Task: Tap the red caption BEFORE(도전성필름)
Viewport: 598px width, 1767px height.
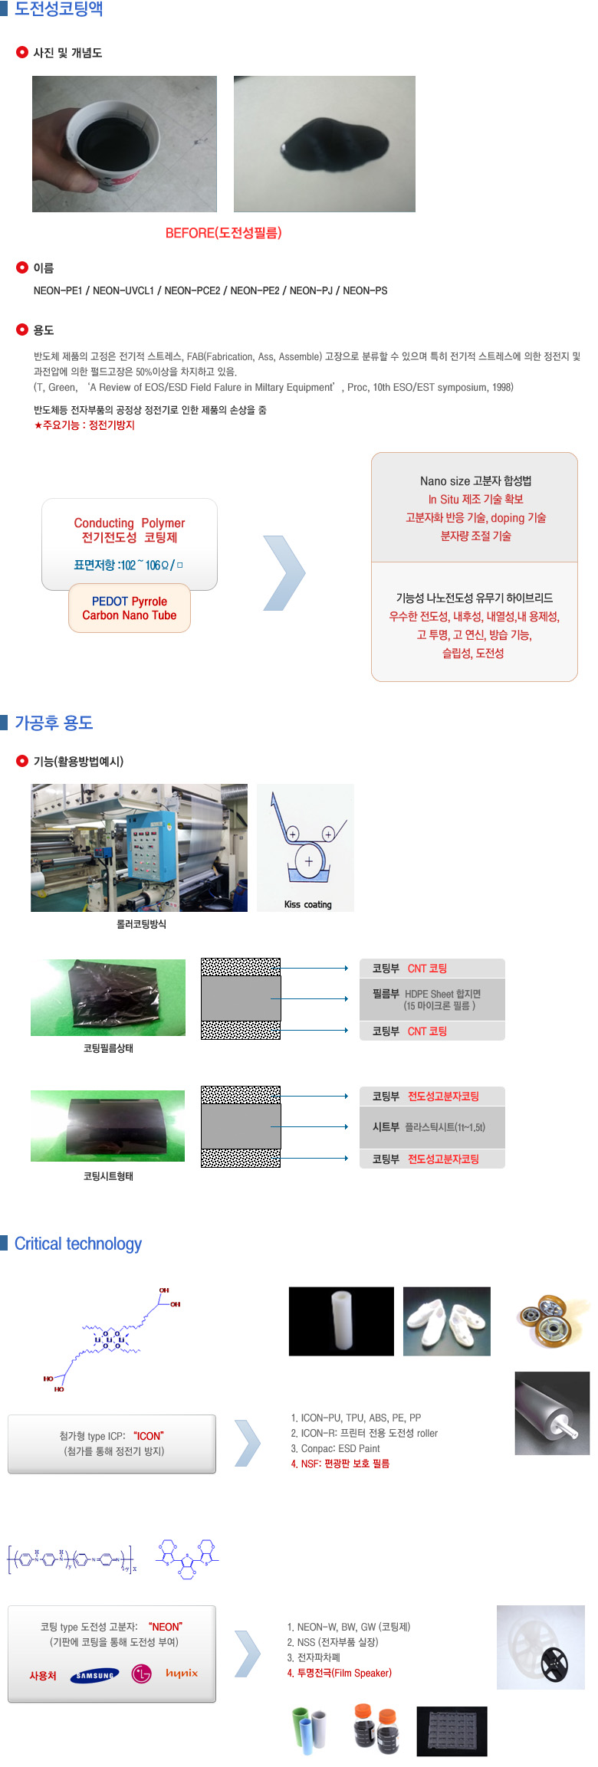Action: (x=223, y=233)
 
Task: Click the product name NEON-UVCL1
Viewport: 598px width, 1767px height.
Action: (x=123, y=290)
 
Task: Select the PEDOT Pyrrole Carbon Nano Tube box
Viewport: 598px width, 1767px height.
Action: (x=130, y=608)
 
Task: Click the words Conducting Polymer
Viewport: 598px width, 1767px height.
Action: (x=129, y=523)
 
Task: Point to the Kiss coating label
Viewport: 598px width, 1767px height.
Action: (x=307, y=904)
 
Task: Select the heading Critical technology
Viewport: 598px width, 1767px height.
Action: (x=78, y=1244)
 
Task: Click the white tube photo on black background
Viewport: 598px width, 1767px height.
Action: (x=341, y=1321)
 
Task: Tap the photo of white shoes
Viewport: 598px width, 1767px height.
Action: (x=446, y=1321)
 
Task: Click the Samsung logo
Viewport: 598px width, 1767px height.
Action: (x=95, y=1675)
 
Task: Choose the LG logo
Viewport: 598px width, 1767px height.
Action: (x=142, y=1674)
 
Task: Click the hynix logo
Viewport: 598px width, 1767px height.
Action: (x=182, y=1674)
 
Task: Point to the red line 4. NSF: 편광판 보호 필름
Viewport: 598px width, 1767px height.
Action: (x=340, y=1464)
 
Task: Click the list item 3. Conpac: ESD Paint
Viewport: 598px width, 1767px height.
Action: (x=335, y=1448)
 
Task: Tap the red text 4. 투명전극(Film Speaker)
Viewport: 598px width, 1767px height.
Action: (x=339, y=1673)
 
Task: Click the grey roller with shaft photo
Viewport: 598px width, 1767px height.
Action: (x=551, y=1413)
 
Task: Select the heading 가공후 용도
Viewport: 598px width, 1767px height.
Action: (x=54, y=723)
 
